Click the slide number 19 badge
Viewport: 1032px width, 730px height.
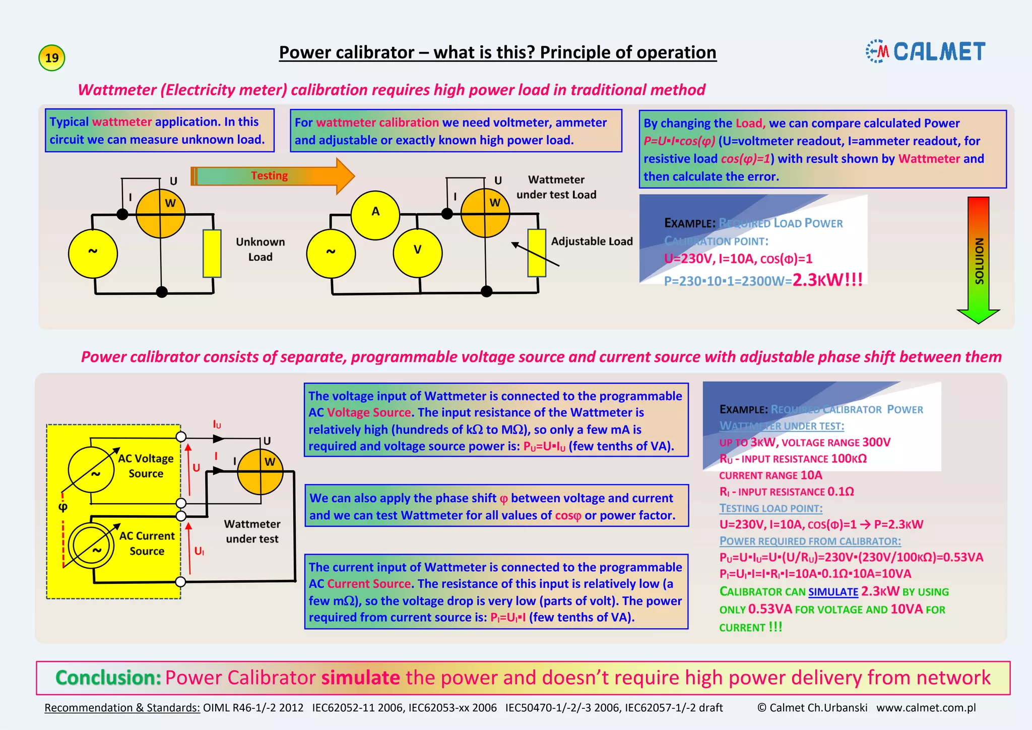[52, 57]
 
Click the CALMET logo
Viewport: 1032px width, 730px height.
[926, 51]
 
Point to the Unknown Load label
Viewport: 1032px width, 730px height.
[260, 250]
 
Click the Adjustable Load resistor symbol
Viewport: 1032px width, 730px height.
[537, 253]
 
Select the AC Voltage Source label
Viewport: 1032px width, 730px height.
[146, 466]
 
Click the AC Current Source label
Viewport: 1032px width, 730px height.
[147, 543]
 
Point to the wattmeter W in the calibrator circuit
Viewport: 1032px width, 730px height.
[260, 471]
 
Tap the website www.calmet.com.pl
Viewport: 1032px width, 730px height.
[926, 708]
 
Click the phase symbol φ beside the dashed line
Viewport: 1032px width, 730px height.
[63, 507]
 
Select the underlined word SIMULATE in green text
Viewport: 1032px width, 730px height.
[833, 592]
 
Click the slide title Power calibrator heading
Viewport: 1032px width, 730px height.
[497, 52]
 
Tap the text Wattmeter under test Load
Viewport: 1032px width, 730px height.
[556, 187]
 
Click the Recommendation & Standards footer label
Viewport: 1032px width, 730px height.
[122, 708]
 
